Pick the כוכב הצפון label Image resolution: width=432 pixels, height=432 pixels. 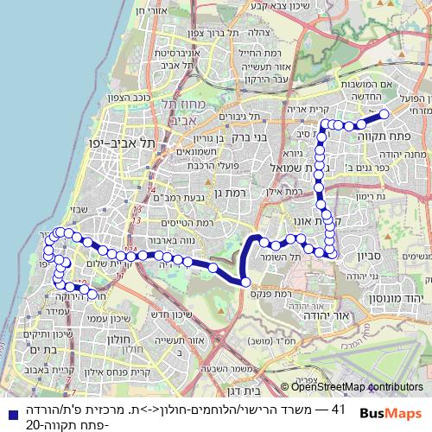154,98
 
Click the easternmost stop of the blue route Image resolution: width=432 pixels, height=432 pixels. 384,113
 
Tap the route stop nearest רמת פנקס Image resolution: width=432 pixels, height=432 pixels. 245,282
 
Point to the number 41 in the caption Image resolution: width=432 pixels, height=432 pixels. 339,407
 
